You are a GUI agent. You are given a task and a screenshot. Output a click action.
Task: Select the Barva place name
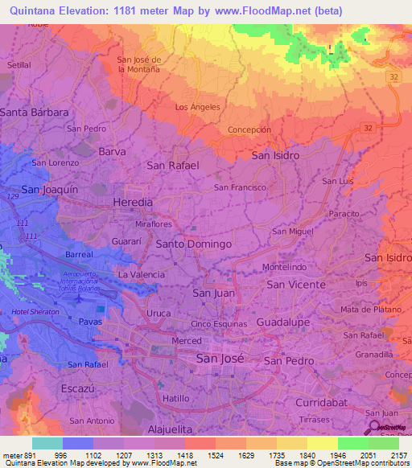(112, 150)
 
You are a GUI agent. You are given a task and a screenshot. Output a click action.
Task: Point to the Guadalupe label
(282, 322)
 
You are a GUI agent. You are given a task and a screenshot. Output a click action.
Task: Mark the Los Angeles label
(197, 107)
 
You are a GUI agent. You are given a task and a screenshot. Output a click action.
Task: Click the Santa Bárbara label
(34, 113)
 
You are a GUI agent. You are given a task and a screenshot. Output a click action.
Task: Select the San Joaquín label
(49, 189)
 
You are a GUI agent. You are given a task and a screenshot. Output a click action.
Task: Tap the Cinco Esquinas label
(217, 323)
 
